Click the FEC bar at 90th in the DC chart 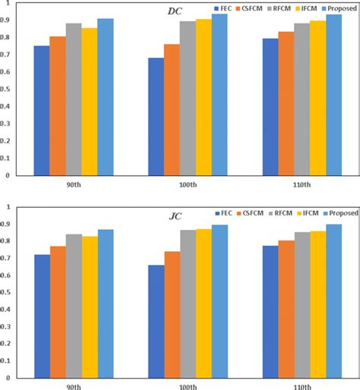41,111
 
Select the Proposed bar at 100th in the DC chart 219,95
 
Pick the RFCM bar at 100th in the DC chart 187,98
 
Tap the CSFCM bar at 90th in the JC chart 58,311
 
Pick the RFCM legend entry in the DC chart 283,8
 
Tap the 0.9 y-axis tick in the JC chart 6,225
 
